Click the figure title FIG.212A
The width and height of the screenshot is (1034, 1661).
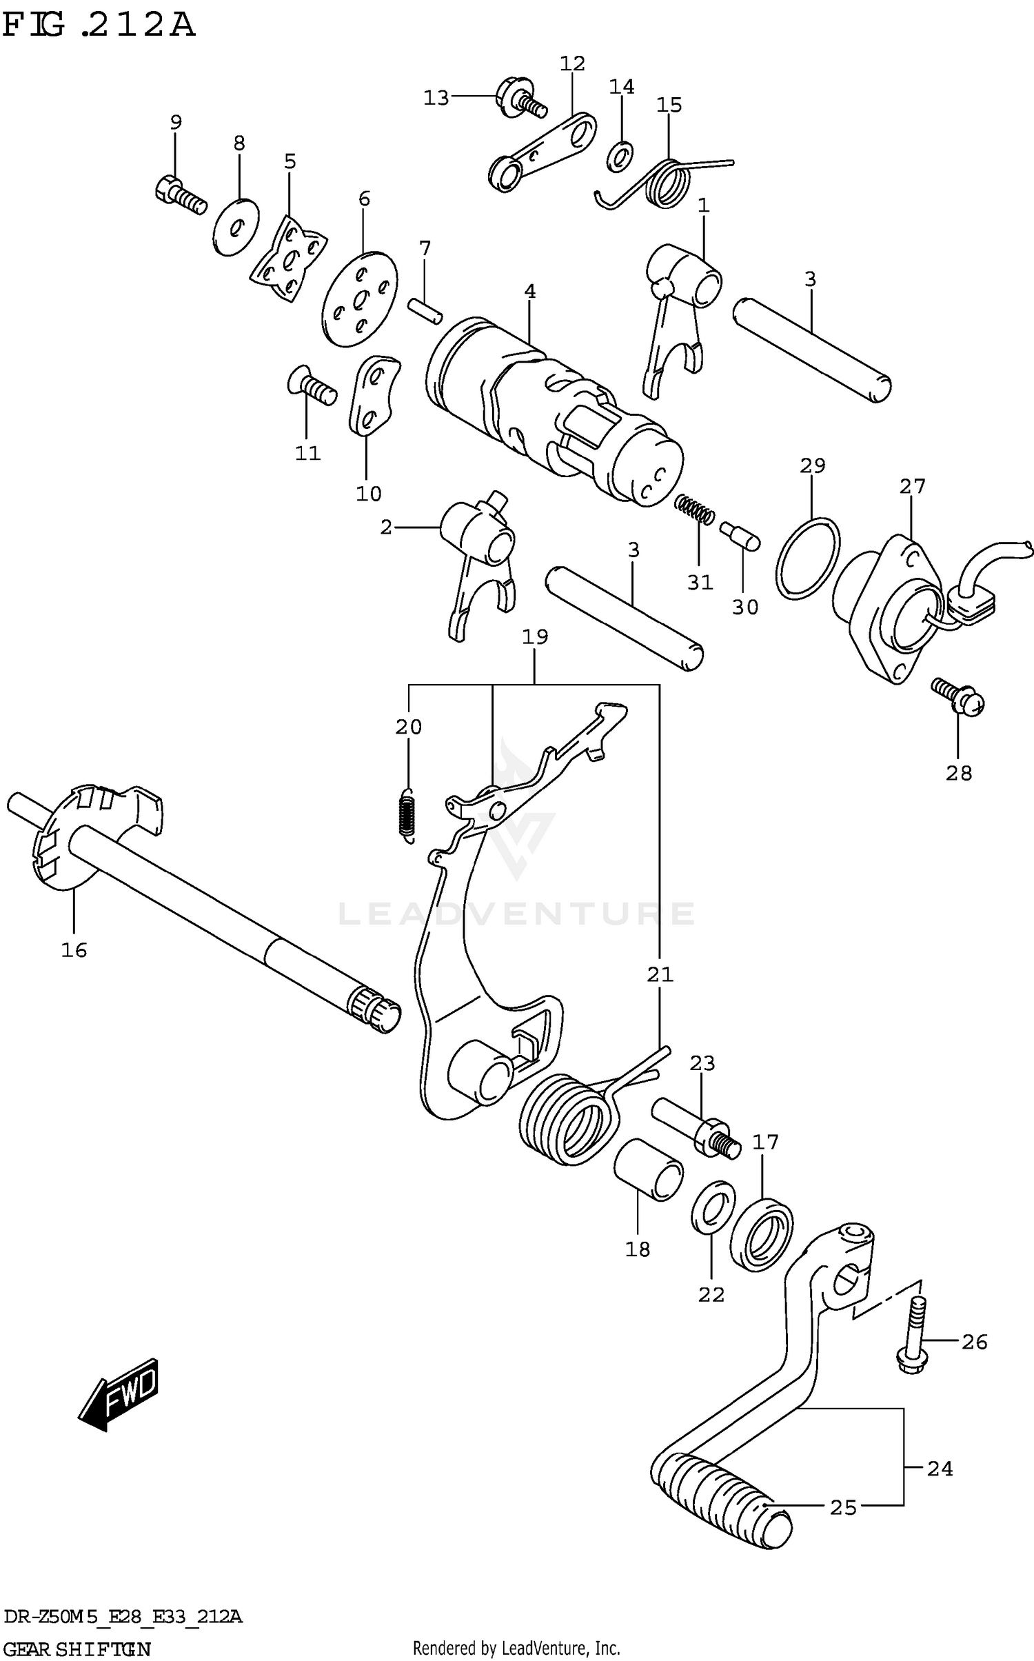coord(98,26)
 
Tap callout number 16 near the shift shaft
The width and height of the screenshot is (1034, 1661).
coord(74,951)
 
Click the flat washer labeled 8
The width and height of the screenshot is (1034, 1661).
coord(235,227)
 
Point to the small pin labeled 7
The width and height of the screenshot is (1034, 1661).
coord(424,309)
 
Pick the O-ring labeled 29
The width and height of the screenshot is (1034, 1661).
coord(807,556)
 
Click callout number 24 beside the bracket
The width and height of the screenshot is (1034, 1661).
coord(940,1469)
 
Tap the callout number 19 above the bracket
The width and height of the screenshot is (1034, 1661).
coord(535,636)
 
